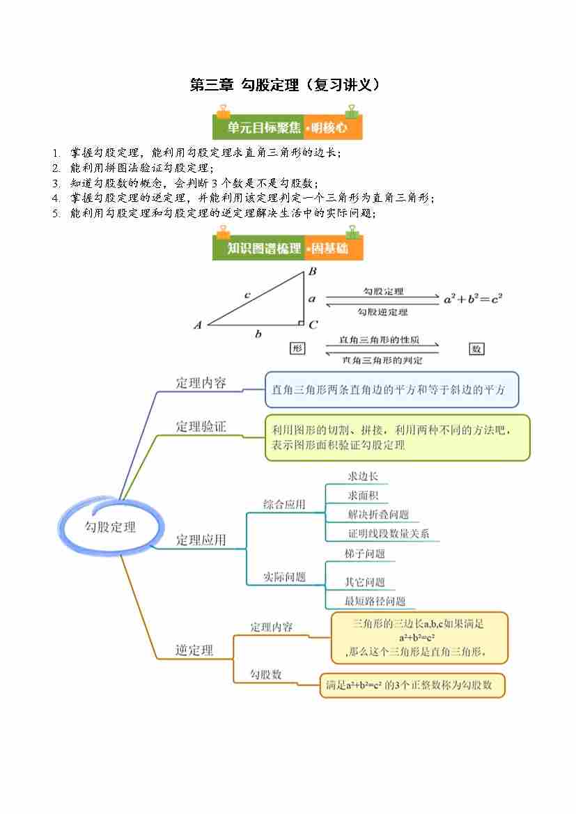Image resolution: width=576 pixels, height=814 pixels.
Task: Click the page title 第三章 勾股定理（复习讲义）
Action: (287, 85)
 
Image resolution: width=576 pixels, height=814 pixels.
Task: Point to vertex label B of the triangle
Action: (313, 272)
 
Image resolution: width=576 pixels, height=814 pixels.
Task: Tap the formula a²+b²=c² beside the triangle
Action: (473, 299)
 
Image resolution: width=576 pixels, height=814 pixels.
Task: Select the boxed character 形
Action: (297, 349)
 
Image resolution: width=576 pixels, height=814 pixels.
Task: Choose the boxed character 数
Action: (476, 349)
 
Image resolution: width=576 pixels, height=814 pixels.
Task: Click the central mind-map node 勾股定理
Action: (111, 526)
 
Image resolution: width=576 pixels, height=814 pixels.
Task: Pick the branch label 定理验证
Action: (201, 427)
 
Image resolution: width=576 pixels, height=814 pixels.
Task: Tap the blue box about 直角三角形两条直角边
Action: (391, 390)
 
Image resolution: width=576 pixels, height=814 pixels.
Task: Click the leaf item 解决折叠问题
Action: (378, 515)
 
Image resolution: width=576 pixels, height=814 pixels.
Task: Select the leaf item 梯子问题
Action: (365, 554)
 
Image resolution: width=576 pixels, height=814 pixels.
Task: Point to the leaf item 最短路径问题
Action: (375, 601)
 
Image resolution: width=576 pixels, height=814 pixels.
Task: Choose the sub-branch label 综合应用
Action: (284, 505)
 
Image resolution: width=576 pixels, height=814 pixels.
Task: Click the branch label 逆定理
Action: (194, 650)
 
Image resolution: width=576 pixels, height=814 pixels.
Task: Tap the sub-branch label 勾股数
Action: (266, 674)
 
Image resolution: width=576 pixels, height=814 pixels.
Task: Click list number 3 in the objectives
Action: (56, 183)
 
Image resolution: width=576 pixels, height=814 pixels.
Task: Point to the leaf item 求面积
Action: (363, 496)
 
